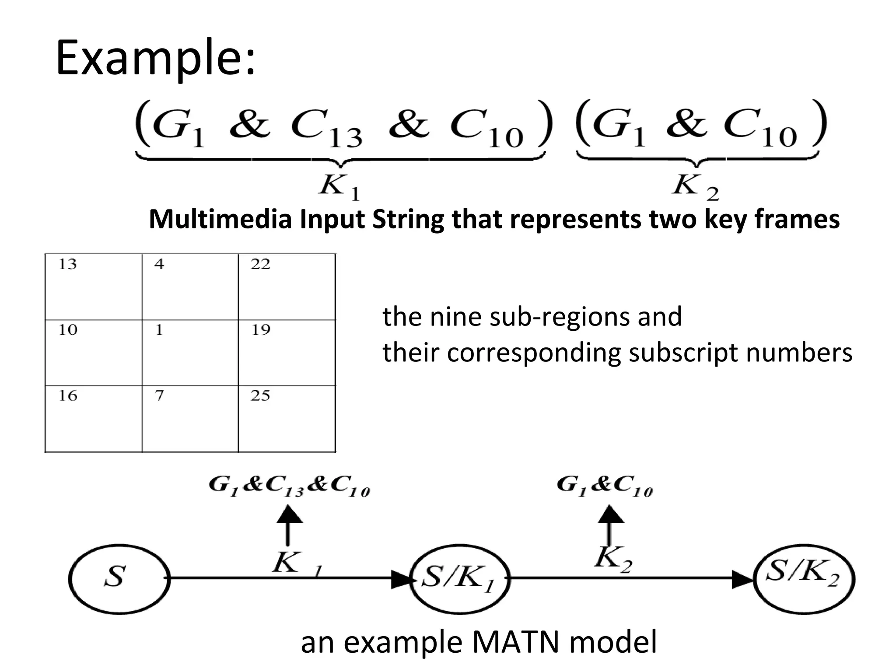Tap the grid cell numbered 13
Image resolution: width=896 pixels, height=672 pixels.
pos(93,287)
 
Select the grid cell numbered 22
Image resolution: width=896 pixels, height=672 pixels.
pos(287,287)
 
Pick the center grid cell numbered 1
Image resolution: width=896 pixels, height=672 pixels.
pos(190,353)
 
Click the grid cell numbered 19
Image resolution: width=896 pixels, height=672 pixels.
pos(287,353)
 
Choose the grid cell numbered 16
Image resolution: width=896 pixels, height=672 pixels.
pos(93,419)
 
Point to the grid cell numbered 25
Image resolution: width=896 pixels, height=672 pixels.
pos(287,419)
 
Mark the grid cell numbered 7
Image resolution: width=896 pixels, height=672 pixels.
pos(190,419)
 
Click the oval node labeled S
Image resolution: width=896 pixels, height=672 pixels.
pos(119,578)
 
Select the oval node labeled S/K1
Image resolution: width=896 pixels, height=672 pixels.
pos(459,579)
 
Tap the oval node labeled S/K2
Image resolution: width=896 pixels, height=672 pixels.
pos(804,578)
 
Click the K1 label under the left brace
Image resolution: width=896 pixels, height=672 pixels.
pos(339,187)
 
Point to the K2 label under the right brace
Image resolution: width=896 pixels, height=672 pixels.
pos(695,187)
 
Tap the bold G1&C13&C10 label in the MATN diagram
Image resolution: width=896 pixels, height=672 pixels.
pos(289,486)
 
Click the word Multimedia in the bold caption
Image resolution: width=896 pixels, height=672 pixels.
pos(220,219)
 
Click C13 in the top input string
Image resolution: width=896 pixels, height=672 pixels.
pos(326,127)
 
